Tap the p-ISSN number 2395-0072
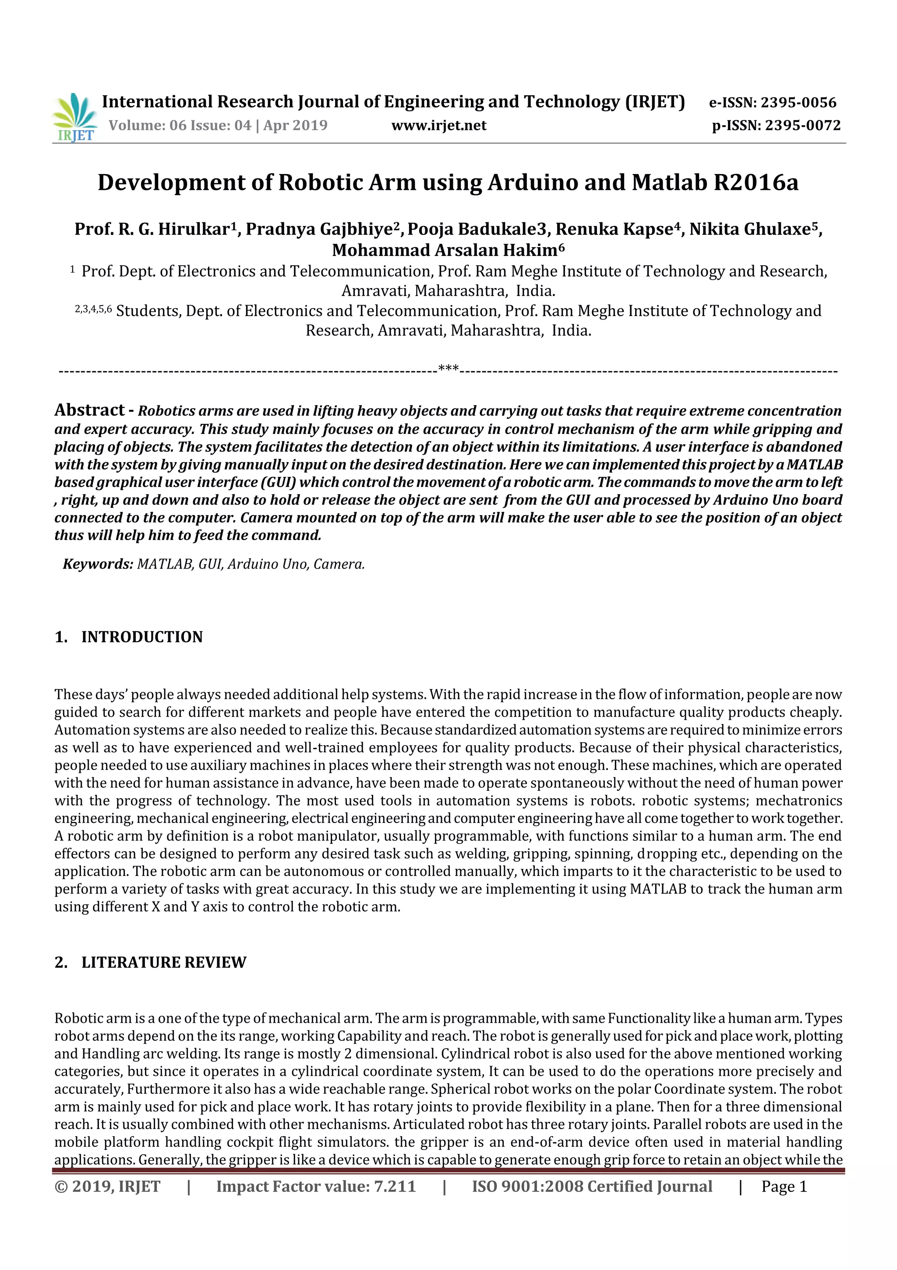point(802,125)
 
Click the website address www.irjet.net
point(439,125)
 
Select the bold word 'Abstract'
point(89,410)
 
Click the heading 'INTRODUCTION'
point(142,637)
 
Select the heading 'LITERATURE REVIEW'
point(164,962)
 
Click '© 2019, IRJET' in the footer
point(107,1186)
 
